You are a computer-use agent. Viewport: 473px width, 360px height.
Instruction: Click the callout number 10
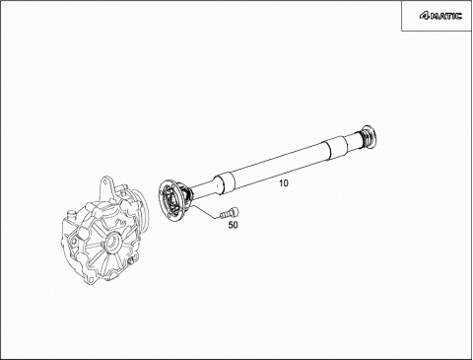click(284, 183)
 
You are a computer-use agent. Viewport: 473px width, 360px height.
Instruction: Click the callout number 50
click(233, 225)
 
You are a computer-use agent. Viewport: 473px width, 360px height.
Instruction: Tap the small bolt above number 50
click(230, 213)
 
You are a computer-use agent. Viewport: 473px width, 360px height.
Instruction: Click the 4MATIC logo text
click(440, 16)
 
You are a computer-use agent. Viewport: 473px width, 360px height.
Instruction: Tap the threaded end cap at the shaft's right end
click(369, 136)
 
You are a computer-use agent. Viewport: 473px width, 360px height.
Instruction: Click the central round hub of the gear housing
click(110, 242)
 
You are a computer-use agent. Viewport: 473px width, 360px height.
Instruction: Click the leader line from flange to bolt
click(205, 211)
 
